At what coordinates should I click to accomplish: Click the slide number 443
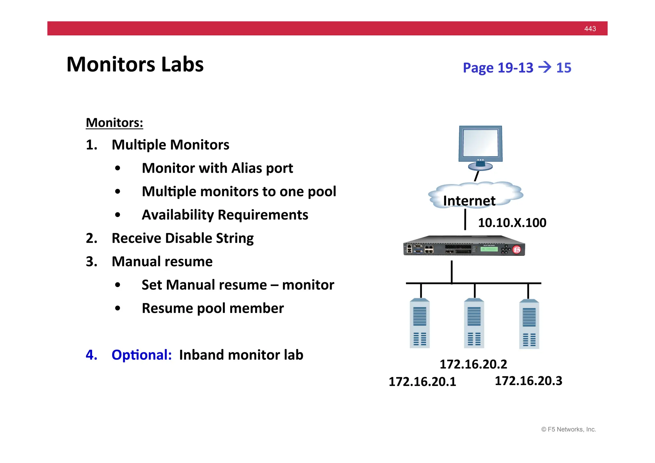pos(590,29)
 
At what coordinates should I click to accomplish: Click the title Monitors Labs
pos(135,64)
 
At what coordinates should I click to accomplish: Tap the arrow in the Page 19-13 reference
pos(545,67)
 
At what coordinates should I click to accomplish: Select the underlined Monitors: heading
pos(114,123)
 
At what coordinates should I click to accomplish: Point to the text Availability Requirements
pos(225,215)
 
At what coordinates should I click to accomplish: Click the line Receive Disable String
pos(182,238)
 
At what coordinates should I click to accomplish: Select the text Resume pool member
pos(213,308)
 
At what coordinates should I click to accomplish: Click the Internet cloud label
pos(469,201)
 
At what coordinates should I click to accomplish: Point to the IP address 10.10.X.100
pos(512,223)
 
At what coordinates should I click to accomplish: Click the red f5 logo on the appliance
pos(517,250)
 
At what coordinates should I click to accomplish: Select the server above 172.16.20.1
pos(420,323)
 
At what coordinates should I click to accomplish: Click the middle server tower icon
pos(474,323)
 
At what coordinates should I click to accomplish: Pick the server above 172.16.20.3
pos(529,324)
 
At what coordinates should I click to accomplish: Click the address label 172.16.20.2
pos(473,364)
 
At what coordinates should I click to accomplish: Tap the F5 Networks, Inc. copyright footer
pos(568,429)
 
